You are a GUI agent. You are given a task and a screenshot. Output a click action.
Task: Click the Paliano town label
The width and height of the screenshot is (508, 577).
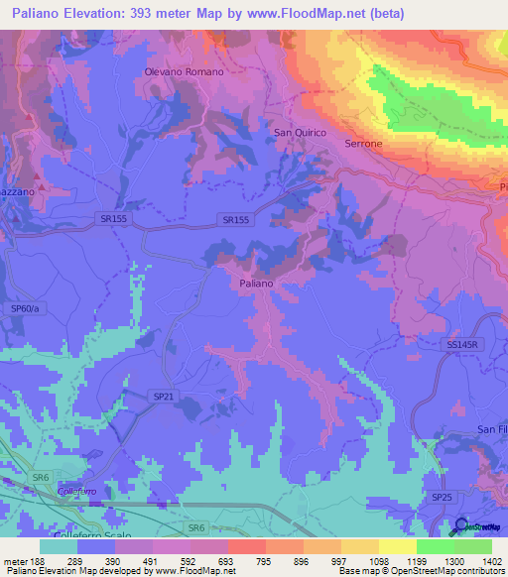(x=256, y=284)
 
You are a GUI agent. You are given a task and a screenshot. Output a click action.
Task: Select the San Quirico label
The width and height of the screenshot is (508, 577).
(x=300, y=132)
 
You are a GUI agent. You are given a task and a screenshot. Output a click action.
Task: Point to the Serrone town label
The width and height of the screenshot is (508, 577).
(x=363, y=144)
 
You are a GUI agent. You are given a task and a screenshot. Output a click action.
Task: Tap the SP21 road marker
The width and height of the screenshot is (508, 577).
(x=164, y=396)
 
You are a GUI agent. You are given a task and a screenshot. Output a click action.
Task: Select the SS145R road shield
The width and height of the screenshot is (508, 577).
(x=459, y=344)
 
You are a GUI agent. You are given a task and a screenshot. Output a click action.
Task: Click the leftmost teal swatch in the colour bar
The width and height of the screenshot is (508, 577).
(x=59, y=545)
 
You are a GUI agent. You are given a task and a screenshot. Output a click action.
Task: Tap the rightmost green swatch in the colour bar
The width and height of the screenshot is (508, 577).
(x=473, y=545)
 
